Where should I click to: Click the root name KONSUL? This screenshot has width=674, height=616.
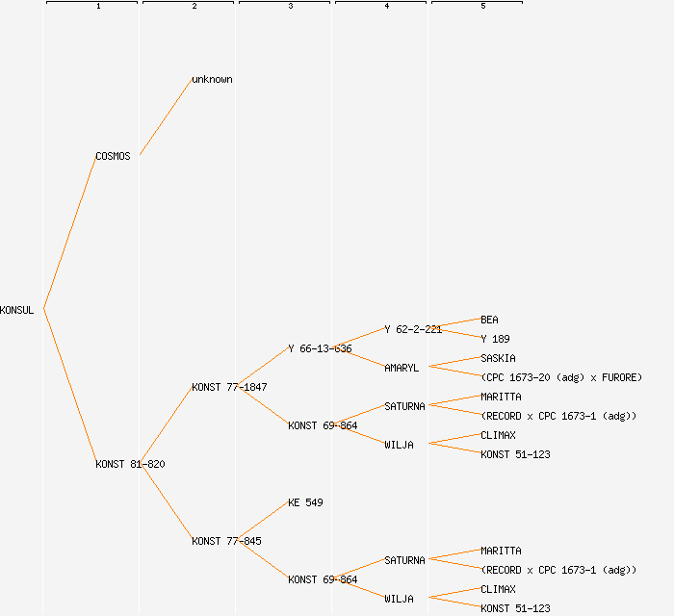(17, 310)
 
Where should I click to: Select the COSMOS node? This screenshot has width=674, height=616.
(113, 156)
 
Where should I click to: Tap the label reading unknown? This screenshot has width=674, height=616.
(212, 79)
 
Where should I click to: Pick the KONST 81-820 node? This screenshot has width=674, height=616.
(130, 464)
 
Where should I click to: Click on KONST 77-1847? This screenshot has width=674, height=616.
(229, 387)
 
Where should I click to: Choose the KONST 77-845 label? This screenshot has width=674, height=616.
(226, 541)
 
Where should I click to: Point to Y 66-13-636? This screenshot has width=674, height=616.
(320, 348)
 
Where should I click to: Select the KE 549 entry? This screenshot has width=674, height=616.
(305, 502)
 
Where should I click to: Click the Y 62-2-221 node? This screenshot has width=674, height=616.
(413, 329)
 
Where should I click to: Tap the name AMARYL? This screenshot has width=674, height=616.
(402, 368)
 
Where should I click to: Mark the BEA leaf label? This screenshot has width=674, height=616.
(489, 320)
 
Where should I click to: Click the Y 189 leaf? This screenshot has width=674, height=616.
(495, 339)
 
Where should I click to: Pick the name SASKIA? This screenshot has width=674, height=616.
(498, 358)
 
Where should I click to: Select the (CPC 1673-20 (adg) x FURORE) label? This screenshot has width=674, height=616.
(561, 377)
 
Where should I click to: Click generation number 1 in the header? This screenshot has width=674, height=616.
(98, 7)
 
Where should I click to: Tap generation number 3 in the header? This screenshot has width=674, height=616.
(291, 7)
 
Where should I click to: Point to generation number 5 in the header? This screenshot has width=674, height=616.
(483, 7)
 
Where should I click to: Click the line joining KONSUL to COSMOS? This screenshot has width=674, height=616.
(69, 233)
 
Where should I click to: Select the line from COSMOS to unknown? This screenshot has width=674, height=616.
(166, 117)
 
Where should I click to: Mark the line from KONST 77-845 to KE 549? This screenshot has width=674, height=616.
(262, 522)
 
